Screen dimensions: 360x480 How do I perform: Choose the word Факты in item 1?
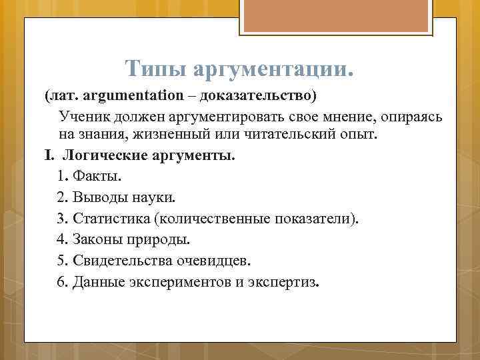97,177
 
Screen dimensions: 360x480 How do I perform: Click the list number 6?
62,281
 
